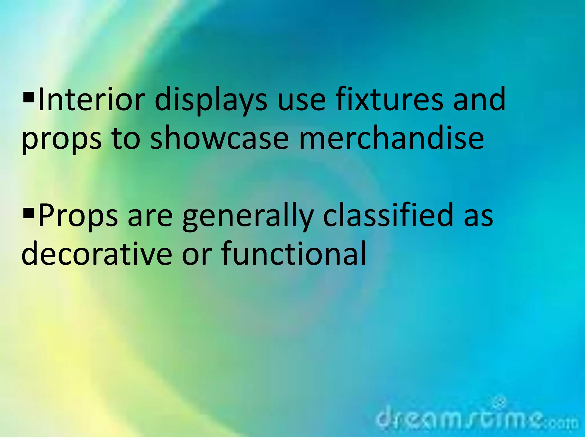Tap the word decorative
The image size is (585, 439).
[x=97, y=253]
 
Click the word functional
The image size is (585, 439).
[x=294, y=253]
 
